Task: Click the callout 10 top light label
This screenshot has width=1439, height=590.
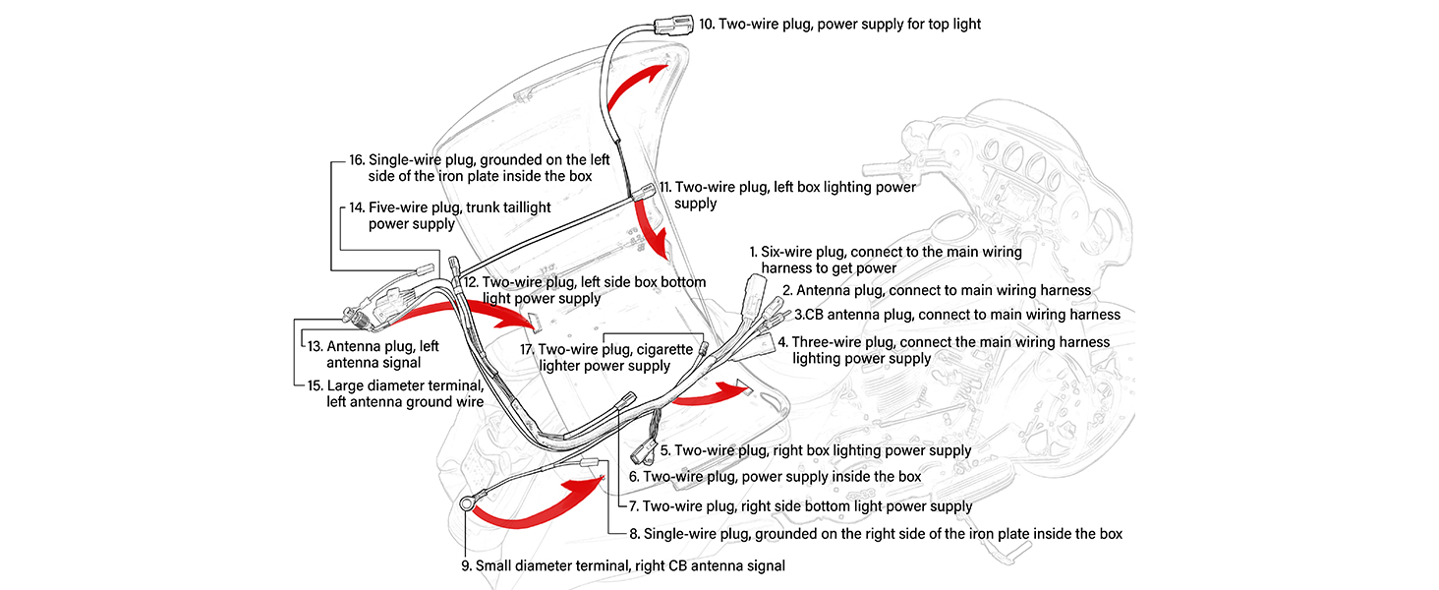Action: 839,25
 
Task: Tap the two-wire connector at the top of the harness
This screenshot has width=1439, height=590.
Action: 673,26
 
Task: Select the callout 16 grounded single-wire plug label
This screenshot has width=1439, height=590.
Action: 480,168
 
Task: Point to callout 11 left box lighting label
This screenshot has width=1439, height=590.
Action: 787,195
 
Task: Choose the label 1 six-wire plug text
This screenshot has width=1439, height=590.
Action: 886,260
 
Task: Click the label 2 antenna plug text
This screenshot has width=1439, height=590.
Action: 937,290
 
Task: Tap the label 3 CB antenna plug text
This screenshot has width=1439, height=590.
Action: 957,315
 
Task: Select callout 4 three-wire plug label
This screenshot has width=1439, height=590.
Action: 944,350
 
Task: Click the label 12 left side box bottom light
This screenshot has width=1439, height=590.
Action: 585,290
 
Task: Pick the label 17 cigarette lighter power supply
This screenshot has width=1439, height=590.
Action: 606,357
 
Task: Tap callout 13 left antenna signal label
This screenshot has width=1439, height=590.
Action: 373,354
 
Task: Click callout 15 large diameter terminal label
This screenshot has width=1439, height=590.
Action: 395,393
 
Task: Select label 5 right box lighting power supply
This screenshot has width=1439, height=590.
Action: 816,450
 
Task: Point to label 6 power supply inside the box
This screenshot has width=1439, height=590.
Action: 775,477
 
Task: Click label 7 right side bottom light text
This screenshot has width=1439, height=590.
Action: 800,506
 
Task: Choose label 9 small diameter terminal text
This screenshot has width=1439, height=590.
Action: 623,566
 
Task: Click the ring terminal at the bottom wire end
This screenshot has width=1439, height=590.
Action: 467,503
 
